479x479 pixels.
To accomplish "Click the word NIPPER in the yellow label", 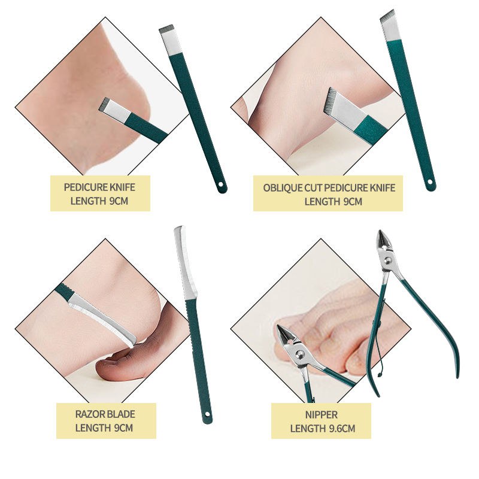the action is (x=322, y=415).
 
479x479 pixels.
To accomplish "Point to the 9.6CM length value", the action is (x=342, y=429).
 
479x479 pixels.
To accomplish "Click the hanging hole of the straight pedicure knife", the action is (x=221, y=185).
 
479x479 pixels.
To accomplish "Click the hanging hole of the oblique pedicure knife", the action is (x=430, y=183).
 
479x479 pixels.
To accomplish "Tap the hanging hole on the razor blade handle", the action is (x=207, y=414).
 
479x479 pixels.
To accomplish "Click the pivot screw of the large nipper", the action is (x=388, y=260).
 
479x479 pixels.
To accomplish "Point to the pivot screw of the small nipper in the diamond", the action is (x=301, y=354).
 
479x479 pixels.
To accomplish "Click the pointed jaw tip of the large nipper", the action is (x=380, y=232).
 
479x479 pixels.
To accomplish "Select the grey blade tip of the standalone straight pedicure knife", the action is (x=166, y=29).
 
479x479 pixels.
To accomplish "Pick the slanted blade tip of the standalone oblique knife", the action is (x=388, y=16).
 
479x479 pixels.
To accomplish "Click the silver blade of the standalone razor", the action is (x=185, y=263).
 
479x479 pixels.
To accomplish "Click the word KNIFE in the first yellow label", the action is (x=122, y=187).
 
